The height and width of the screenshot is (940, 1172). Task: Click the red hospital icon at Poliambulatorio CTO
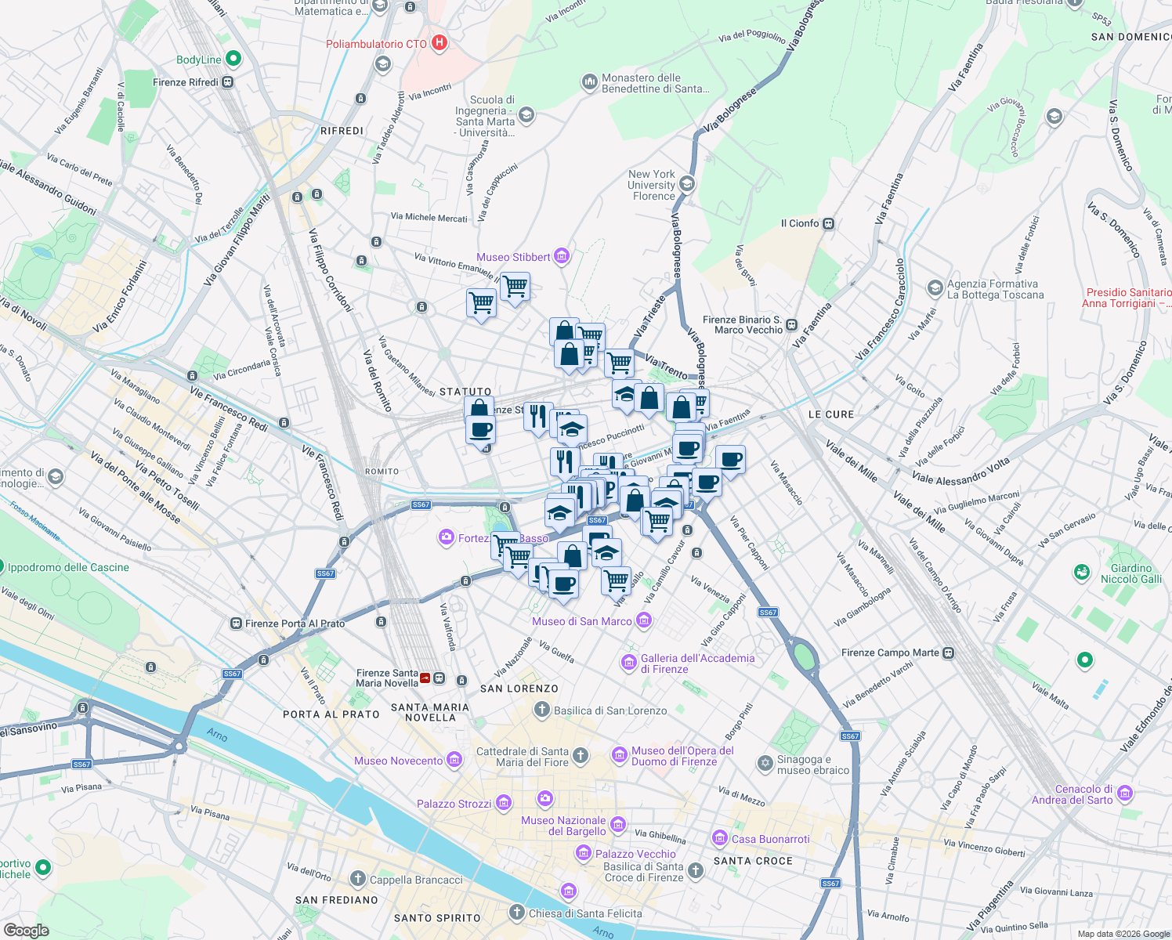(x=439, y=43)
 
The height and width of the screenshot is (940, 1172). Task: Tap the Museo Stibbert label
(x=513, y=257)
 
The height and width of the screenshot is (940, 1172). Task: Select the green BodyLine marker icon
(x=233, y=59)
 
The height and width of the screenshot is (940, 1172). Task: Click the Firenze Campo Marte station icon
(x=948, y=653)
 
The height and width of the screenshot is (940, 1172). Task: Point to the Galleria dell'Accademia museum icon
(x=628, y=663)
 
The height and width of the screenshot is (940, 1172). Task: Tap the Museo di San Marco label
(x=581, y=621)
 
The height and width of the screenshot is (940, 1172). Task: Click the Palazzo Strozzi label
(x=454, y=804)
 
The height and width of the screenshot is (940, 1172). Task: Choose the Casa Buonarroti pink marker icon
(x=719, y=838)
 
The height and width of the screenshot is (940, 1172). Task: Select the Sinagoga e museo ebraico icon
(x=765, y=763)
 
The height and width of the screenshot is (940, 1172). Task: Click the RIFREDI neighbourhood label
(x=342, y=131)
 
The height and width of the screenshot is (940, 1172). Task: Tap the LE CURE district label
(x=831, y=414)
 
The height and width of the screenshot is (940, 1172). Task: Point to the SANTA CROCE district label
(x=753, y=861)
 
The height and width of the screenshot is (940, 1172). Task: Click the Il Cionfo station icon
(x=829, y=223)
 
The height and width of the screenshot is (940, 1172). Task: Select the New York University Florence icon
(x=687, y=184)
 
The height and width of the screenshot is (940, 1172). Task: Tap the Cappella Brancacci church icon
(x=358, y=879)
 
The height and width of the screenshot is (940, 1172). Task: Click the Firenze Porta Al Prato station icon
(x=236, y=624)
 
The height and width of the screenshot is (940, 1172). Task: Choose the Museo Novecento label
(x=398, y=761)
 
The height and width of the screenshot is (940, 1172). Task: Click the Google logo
(x=26, y=930)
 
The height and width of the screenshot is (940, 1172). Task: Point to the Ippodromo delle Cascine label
(x=68, y=567)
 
